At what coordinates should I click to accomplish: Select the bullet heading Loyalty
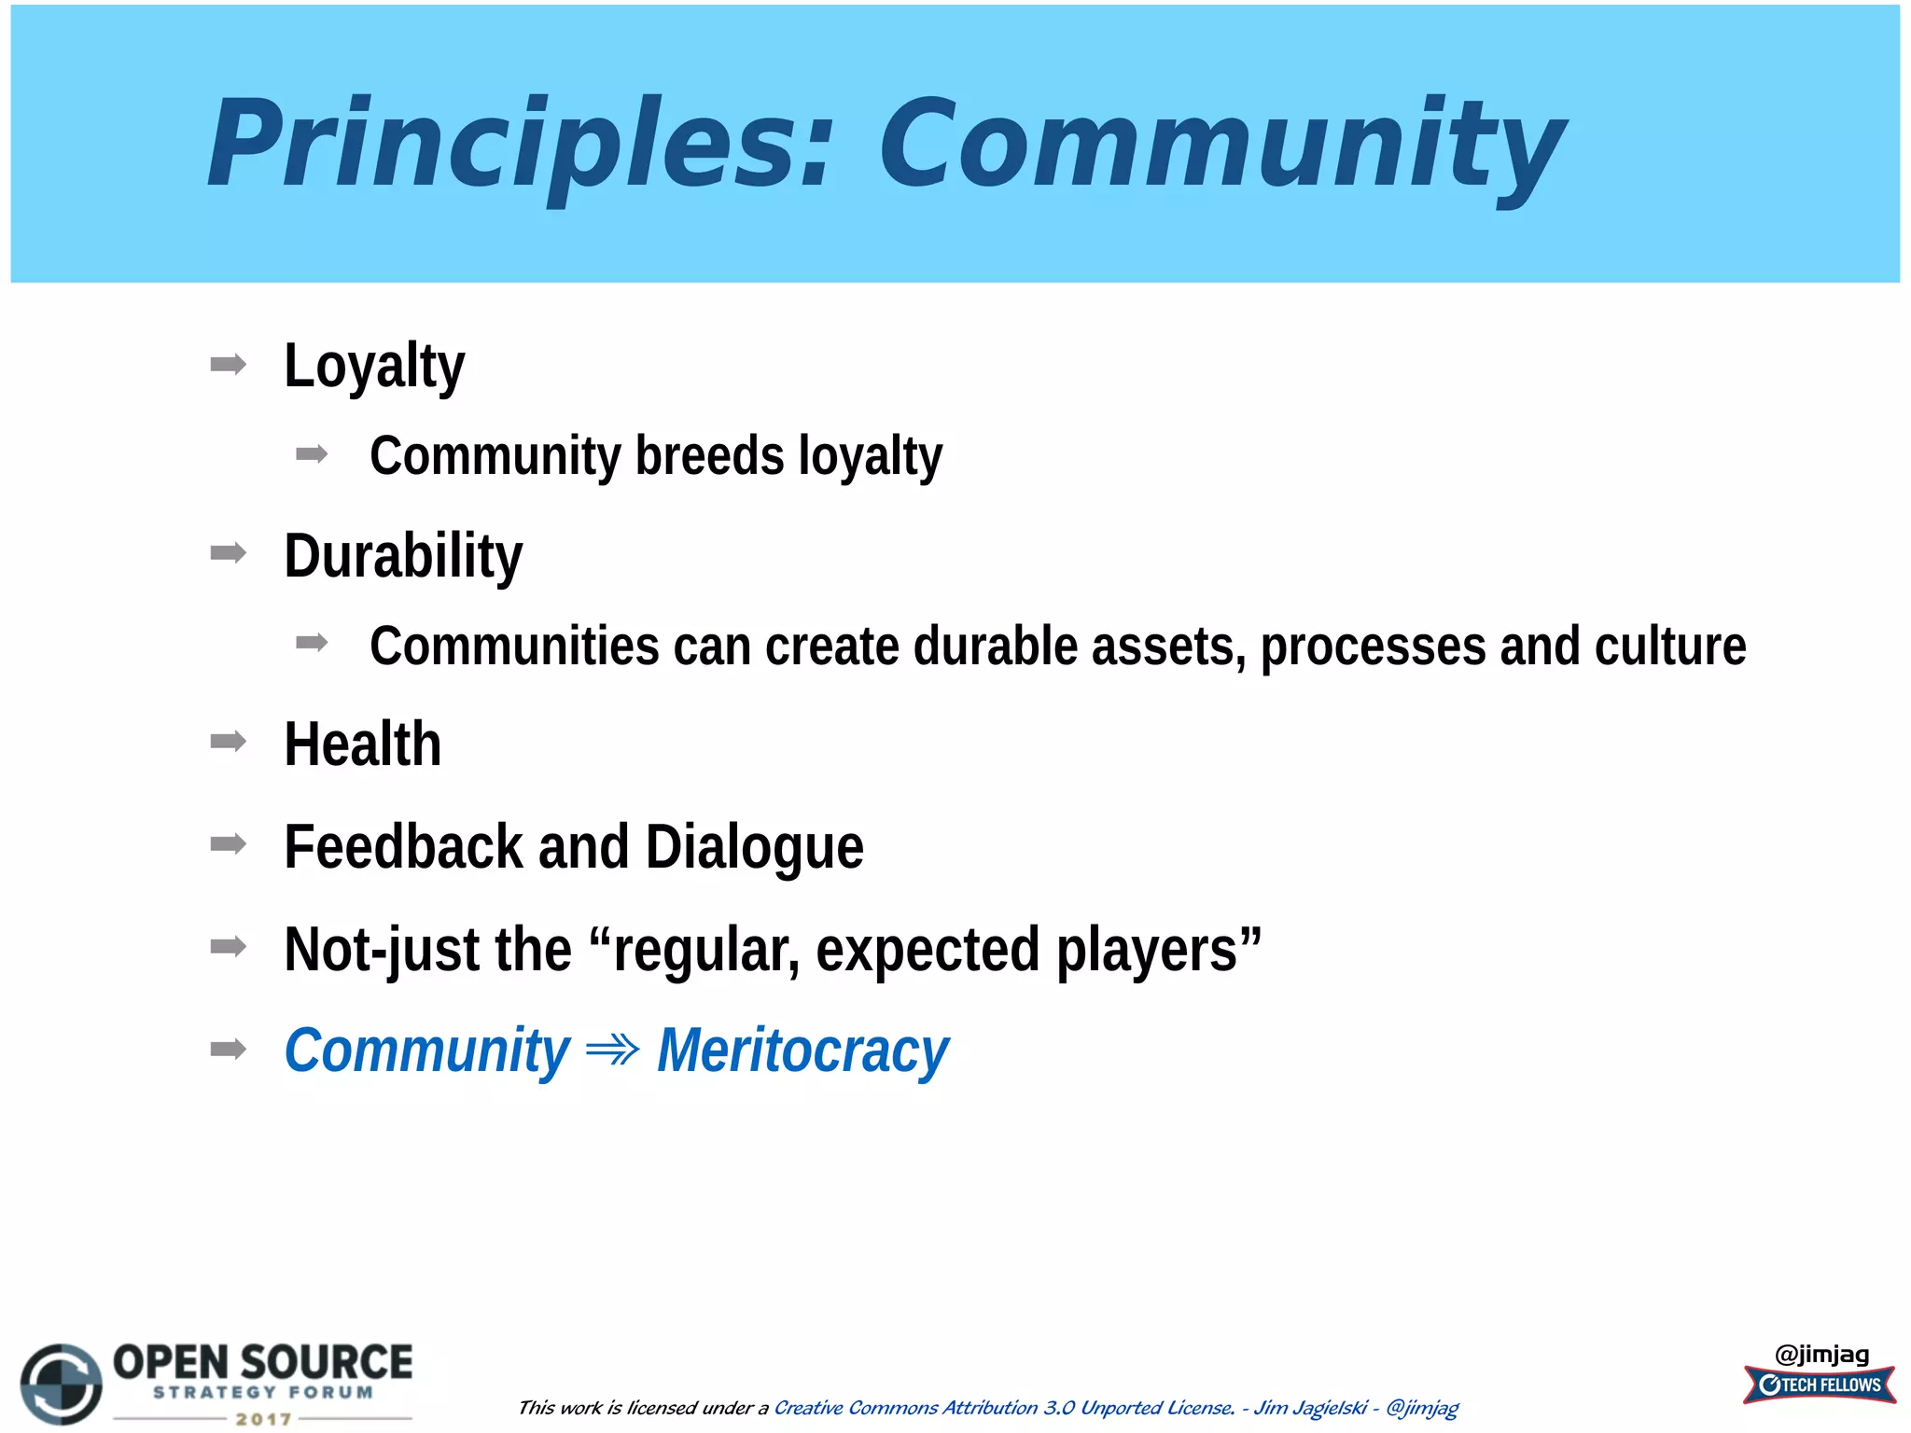pos(373,366)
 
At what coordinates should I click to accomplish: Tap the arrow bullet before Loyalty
pos(229,364)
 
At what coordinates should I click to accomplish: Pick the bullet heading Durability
pos(402,556)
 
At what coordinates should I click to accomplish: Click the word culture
pos(1669,647)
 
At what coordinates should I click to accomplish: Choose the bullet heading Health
pos(362,744)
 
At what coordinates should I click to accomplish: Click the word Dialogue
pos(754,847)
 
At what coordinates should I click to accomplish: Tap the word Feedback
pos(403,847)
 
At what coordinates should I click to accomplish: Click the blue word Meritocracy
pos(802,1051)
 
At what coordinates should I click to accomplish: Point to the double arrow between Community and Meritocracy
pos(612,1050)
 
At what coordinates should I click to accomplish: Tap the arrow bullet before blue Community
pos(229,1050)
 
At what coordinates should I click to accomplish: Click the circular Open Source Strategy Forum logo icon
pos(62,1384)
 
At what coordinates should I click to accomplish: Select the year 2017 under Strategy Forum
pos(263,1419)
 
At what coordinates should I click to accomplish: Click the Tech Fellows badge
pos(1819,1384)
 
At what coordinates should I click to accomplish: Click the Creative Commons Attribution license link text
pos(1003,1407)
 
